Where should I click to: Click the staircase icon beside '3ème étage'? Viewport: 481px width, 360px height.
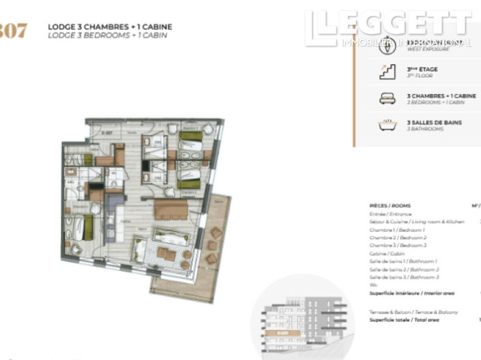387,72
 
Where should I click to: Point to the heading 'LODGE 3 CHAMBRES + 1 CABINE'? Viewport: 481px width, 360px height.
110,27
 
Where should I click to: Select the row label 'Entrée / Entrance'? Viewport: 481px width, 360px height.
390,214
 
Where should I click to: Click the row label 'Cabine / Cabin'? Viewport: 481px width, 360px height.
386,253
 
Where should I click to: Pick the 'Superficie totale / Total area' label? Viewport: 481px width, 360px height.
404,320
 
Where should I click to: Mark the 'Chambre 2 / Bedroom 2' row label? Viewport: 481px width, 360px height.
398,237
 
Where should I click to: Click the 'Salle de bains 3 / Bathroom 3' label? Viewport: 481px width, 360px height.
404,277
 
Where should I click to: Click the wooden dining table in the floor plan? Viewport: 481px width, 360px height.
171,209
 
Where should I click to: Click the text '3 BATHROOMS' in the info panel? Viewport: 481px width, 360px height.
425,129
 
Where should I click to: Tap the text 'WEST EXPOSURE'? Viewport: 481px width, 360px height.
428,49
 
